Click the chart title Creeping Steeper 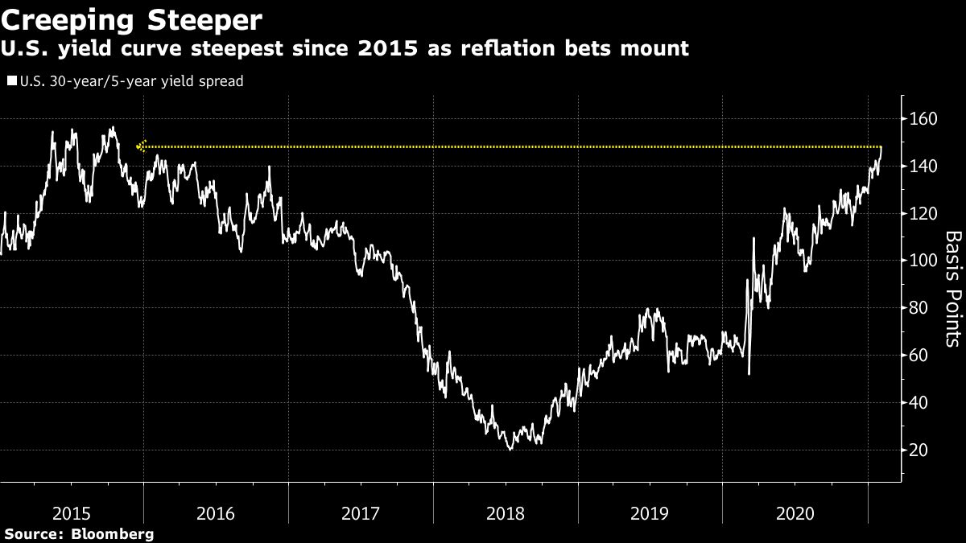coord(130,17)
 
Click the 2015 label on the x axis coord(71,512)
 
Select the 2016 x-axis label coord(216,512)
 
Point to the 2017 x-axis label coord(360,512)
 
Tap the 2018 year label coord(505,512)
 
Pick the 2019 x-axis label coord(650,512)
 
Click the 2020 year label coord(795,512)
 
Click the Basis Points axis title coord(952,290)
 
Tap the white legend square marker coord(11,81)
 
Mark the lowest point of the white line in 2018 coord(510,449)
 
